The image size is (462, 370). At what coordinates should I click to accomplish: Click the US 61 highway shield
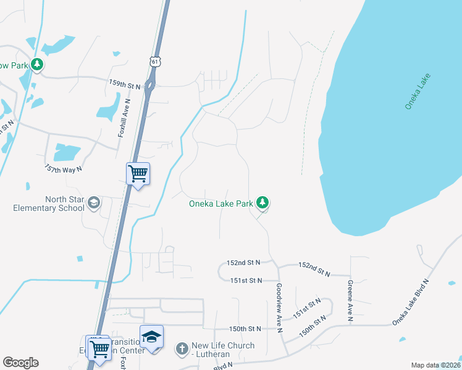154,60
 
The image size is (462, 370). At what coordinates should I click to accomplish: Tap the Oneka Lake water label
418,92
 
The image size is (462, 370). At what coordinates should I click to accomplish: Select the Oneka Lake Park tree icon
262,202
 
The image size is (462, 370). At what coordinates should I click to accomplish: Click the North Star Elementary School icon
93,203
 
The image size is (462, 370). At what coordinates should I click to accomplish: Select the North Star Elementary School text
48,203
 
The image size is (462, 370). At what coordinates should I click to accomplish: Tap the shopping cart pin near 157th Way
138,173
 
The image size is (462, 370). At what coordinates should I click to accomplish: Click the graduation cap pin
151,336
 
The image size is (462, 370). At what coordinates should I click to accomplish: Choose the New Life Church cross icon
182,349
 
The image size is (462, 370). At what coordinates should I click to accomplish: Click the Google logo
20,363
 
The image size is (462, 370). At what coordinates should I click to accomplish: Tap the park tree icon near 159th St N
37,64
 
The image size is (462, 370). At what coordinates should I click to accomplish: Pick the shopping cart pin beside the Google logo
99,349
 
